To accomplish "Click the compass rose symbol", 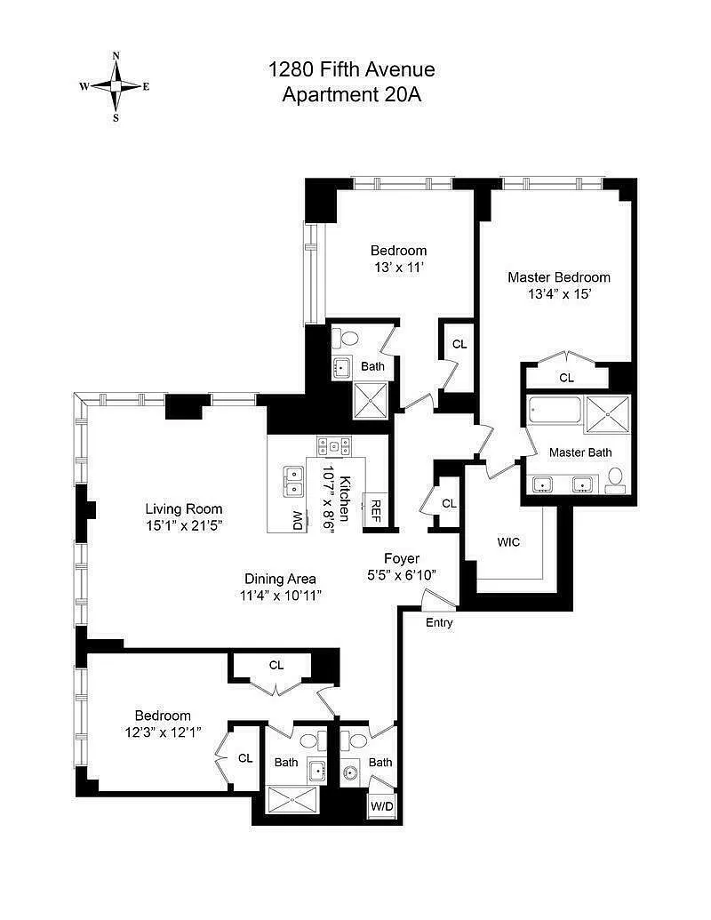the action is click(x=116, y=86).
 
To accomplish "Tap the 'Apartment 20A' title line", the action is click(x=351, y=94).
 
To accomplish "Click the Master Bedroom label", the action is click(x=559, y=277).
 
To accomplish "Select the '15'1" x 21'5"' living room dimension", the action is click(x=184, y=525).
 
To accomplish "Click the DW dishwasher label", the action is click(x=298, y=520).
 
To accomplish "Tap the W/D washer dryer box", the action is click(x=382, y=806).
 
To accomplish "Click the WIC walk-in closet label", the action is click(x=508, y=542).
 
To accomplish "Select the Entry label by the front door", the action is click(x=439, y=623).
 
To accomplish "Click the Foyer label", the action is click(x=402, y=558).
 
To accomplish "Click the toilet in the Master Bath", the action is click(x=615, y=477).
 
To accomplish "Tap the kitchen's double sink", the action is click(x=292, y=481).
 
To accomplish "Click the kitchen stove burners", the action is click(x=334, y=446).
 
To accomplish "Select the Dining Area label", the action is click(x=281, y=579).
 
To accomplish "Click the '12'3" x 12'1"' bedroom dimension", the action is click(x=163, y=732).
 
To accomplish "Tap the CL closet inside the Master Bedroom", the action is click(x=567, y=377).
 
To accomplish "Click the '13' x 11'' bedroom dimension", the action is click(x=400, y=267).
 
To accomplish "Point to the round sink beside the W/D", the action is click(x=351, y=772).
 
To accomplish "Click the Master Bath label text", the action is click(x=580, y=452).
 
